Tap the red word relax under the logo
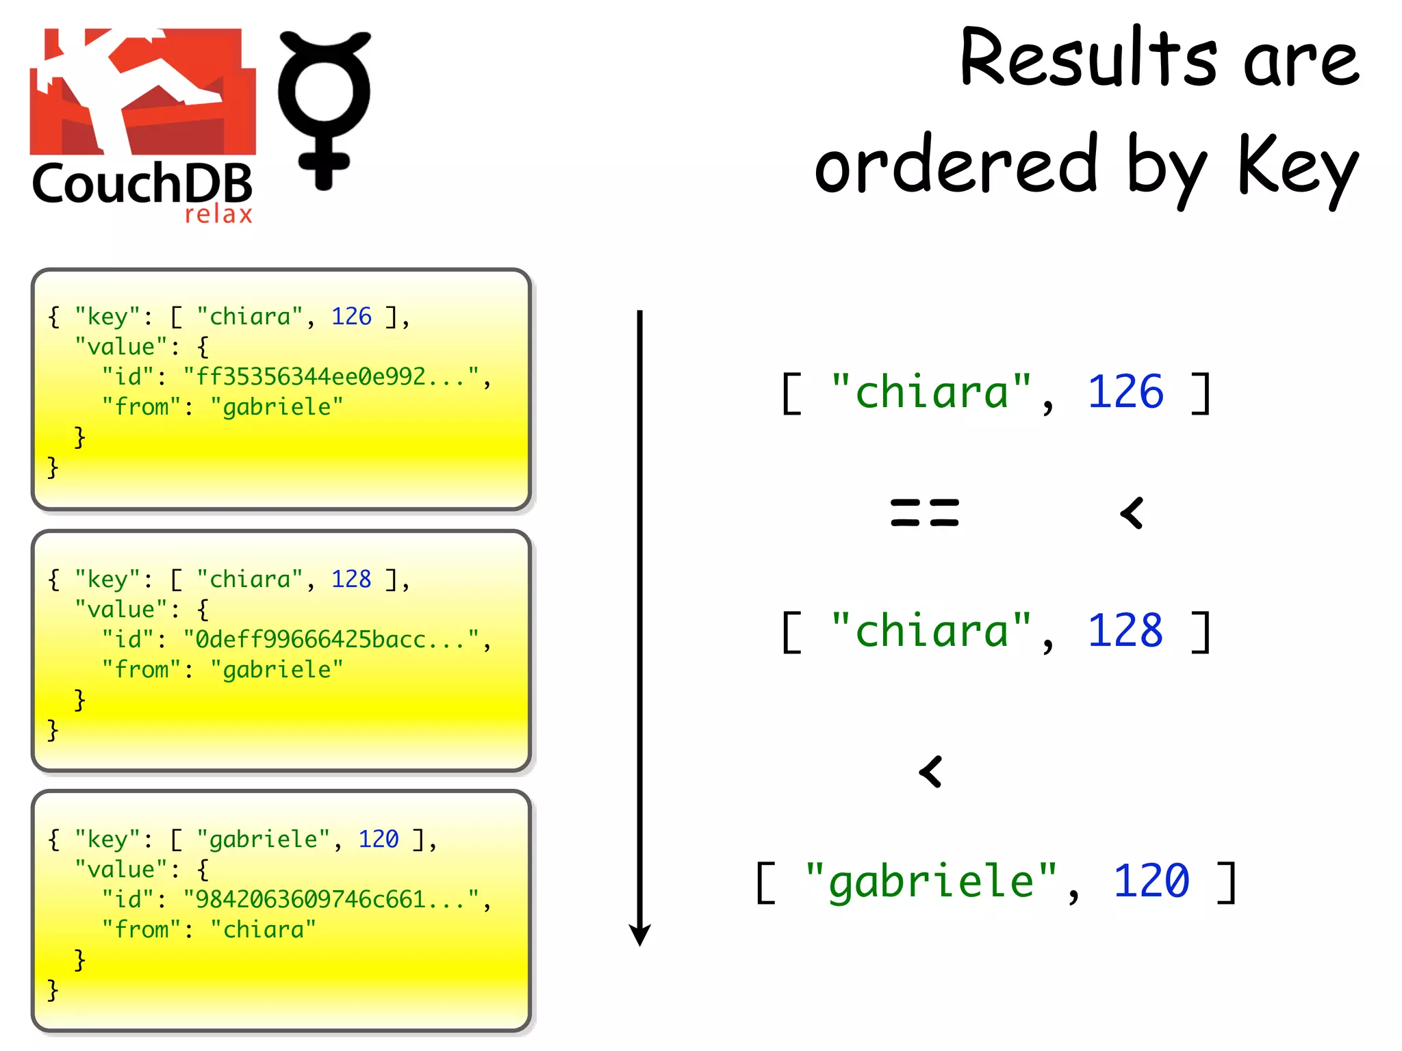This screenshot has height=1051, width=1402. pos(218,214)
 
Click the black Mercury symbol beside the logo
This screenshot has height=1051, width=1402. pos(324,109)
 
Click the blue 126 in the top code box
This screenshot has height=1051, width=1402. pos(351,316)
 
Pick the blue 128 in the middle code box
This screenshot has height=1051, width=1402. pos(351,579)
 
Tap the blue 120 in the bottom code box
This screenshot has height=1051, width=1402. pos(379,839)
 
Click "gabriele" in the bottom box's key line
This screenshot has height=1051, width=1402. pos(264,839)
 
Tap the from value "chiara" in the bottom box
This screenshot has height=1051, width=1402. pos(264,929)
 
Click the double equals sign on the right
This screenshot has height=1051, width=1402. pos(925,513)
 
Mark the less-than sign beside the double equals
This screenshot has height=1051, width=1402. pos(1132,513)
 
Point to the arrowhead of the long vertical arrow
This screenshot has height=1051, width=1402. pos(639,934)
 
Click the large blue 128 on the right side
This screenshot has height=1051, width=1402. pos(1125,631)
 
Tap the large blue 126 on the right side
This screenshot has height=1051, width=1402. pos(1125,393)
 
